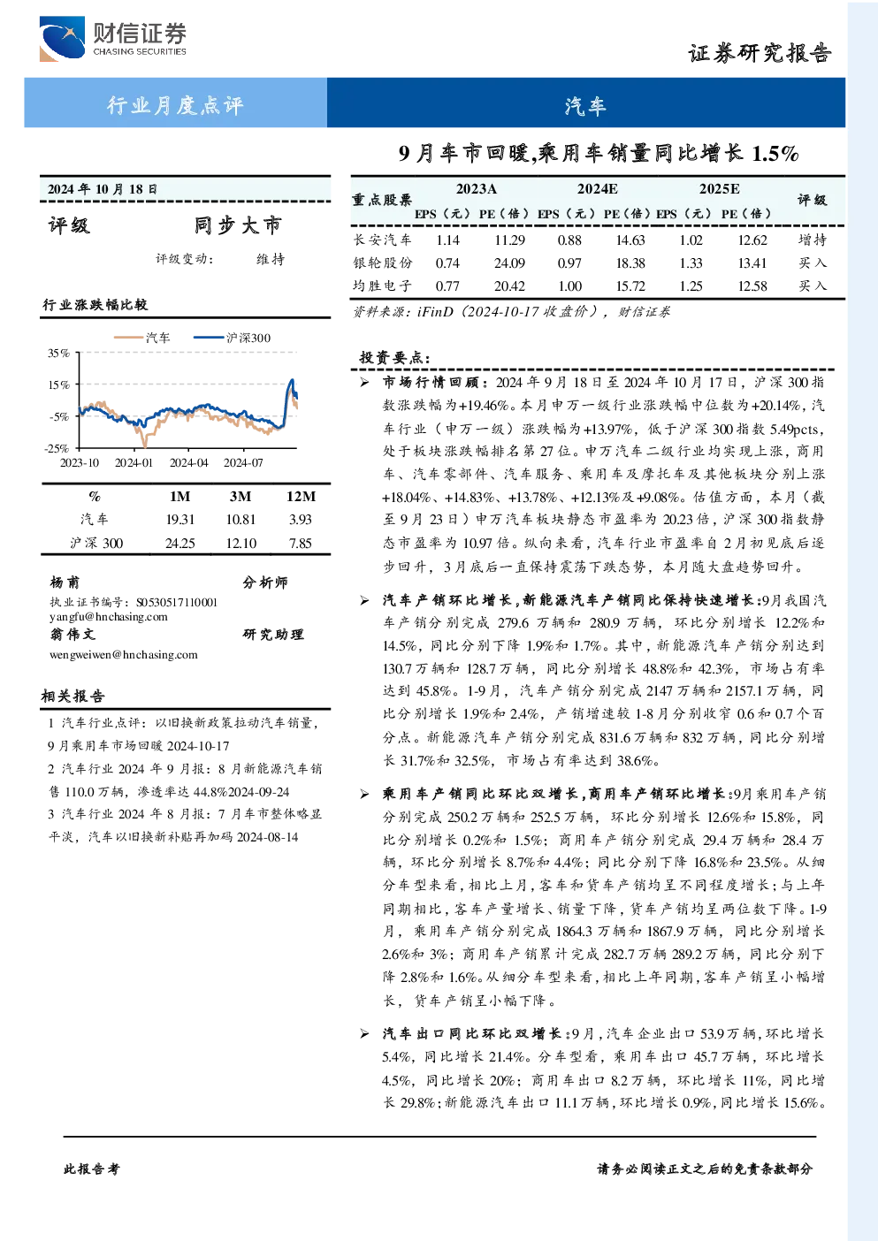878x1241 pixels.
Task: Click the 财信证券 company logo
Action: pyautogui.click(x=113, y=38)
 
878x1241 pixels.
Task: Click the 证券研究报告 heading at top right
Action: pyautogui.click(x=760, y=54)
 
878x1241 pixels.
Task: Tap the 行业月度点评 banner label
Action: pyautogui.click(x=175, y=104)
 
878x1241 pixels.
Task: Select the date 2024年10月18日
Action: pyautogui.click(x=103, y=189)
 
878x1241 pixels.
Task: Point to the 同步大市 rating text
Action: pyautogui.click(x=238, y=225)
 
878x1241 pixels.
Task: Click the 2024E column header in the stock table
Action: pyautogui.click(x=597, y=189)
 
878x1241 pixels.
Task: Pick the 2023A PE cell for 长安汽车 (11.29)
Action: pyautogui.click(x=509, y=240)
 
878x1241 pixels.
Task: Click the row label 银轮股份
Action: pyautogui.click(x=383, y=263)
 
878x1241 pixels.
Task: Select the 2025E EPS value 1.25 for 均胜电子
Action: pyautogui.click(x=691, y=286)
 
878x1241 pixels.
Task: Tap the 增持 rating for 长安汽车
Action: pyautogui.click(x=812, y=240)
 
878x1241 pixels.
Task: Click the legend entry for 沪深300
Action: pyautogui.click(x=232, y=338)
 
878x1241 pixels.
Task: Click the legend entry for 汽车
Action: pyautogui.click(x=141, y=338)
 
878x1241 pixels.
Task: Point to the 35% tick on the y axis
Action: pyautogui.click(x=58, y=353)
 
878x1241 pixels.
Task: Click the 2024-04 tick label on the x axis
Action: pyautogui.click(x=188, y=462)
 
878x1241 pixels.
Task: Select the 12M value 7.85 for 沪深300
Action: pyautogui.click(x=300, y=543)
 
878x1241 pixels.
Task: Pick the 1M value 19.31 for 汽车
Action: pyautogui.click(x=179, y=519)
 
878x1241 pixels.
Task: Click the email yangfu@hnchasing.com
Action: pyautogui.click(x=108, y=617)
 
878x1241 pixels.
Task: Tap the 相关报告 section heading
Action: pyautogui.click(x=73, y=696)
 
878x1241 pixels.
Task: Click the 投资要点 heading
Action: pyautogui.click(x=394, y=357)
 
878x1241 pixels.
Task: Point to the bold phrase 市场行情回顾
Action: pyautogui.click(x=436, y=382)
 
